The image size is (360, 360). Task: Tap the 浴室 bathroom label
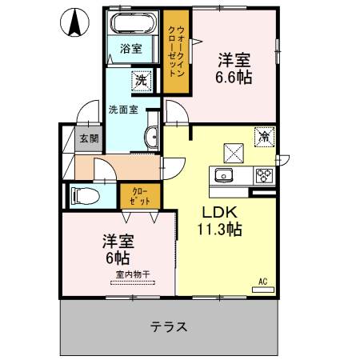point(131,49)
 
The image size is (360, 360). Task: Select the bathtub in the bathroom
point(134,24)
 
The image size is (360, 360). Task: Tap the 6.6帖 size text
point(235,78)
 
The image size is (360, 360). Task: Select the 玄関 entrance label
point(89,138)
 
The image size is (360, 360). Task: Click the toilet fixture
point(85,194)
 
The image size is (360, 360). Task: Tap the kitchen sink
point(222,175)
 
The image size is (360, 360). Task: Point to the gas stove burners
point(265,174)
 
